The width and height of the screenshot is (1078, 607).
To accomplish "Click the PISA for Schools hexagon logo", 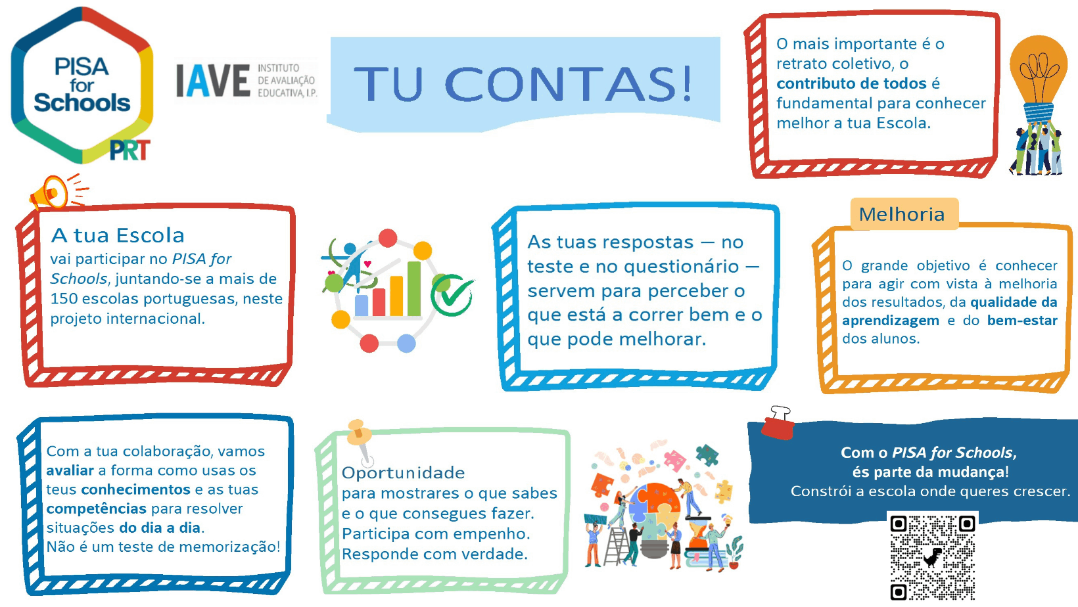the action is (82, 85).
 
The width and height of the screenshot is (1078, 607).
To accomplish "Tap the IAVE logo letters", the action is (213, 81).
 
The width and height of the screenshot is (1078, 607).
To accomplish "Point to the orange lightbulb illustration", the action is (1039, 77).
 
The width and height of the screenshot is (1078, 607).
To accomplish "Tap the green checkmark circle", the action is (452, 296).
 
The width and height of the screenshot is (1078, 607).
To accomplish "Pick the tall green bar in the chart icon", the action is (414, 288).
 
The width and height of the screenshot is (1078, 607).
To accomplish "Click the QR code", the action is (933, 557).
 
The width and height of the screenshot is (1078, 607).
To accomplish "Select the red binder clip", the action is (777, 423).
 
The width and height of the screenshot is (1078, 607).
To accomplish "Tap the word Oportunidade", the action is (404, 473).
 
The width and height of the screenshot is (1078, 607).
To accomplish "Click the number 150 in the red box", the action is (64, 299).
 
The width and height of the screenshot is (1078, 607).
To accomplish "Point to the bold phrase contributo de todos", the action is (851, 83).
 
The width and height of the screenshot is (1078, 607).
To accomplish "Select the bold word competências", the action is (96, 509).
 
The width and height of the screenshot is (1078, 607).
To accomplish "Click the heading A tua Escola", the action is (118, 236).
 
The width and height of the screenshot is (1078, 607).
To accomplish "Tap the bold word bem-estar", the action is (1022, 321).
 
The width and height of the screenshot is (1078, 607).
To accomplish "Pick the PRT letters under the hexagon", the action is (130, 150).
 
